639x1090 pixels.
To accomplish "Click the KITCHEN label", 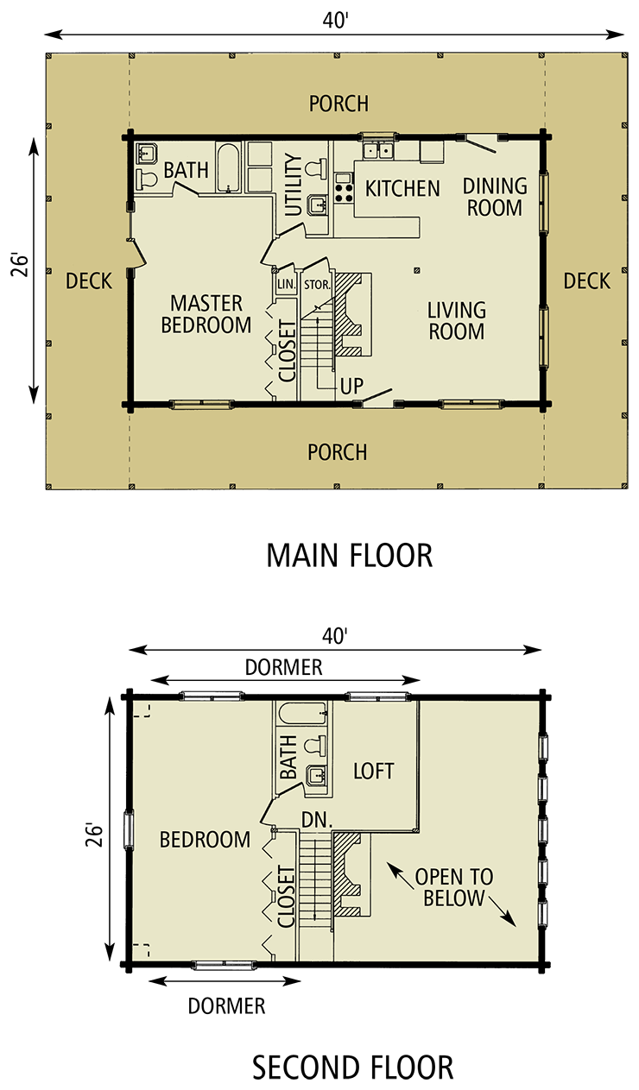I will pos(402,188).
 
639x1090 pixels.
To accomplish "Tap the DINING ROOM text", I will pos(495,197).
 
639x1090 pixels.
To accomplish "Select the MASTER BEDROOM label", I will pos(206,314).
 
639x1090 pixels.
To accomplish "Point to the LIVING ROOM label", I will pos(456,320).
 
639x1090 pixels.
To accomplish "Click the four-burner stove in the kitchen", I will pos(345,188).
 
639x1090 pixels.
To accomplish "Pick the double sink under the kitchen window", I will pos(376,152).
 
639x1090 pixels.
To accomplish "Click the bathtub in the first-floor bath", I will pos(228,167).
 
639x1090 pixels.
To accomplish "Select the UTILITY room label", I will pos(293,185).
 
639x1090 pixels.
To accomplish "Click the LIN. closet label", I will pos(286,284).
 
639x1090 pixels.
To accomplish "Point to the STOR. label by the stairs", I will pos(317,284).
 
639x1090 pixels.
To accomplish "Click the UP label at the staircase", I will pos(351,386).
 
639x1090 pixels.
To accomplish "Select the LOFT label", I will pos(373,771).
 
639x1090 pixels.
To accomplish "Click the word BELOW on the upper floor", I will pos(453,898).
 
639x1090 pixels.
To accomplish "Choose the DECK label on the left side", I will pos(89,280).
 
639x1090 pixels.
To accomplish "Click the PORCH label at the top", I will pos(338,104).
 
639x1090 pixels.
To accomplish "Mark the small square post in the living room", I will pos(417,270).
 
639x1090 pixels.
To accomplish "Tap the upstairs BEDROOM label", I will pos(205,839).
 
